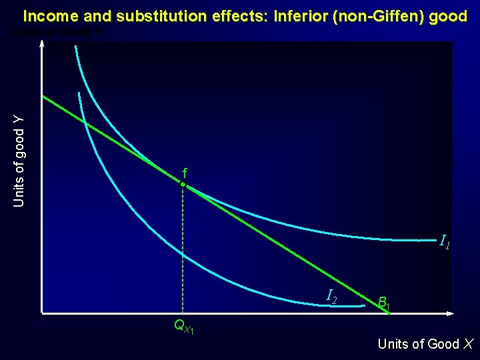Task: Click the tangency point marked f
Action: (x=183, y=185)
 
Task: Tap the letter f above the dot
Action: (x=185, y=174)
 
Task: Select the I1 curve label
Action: (x=445, y=241)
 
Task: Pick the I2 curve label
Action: (x=331, y=296)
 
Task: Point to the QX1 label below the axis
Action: (x=183, y=327)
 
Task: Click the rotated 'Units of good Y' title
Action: (x=19, y=161)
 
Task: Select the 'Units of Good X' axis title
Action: (x=425, y=344)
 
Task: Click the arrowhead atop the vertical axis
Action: (x=42, y=44)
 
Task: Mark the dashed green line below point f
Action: (x=183, y=253)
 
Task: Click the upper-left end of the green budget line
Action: (x=44, y=97)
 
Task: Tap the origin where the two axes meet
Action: (x=42, y=313)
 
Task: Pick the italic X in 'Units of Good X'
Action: (x=468, y=344)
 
